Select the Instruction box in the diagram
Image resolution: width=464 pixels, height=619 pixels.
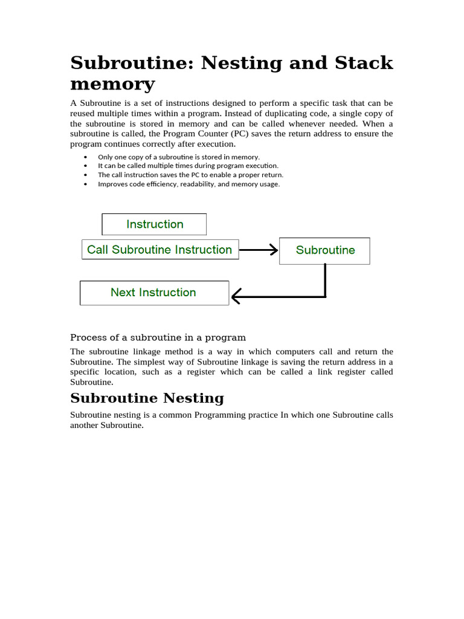(154, 224)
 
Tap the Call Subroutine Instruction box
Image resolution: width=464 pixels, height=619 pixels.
(159, 250)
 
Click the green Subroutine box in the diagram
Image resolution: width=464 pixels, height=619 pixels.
(324, 250)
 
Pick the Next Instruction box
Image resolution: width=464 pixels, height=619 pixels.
(153, 293)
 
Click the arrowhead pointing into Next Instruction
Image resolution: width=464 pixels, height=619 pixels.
(236, 296)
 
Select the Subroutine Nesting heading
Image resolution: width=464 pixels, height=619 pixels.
(147, 398)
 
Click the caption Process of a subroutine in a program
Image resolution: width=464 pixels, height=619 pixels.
(158, 337)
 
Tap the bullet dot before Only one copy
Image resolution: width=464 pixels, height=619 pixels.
(85, 157)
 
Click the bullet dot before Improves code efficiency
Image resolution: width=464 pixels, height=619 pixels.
(85, 184)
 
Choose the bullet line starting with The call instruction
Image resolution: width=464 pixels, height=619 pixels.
(190, 175)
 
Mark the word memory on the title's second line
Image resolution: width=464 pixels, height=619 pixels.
(112, 83)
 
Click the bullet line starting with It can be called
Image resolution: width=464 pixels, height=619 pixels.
(188, 166)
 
